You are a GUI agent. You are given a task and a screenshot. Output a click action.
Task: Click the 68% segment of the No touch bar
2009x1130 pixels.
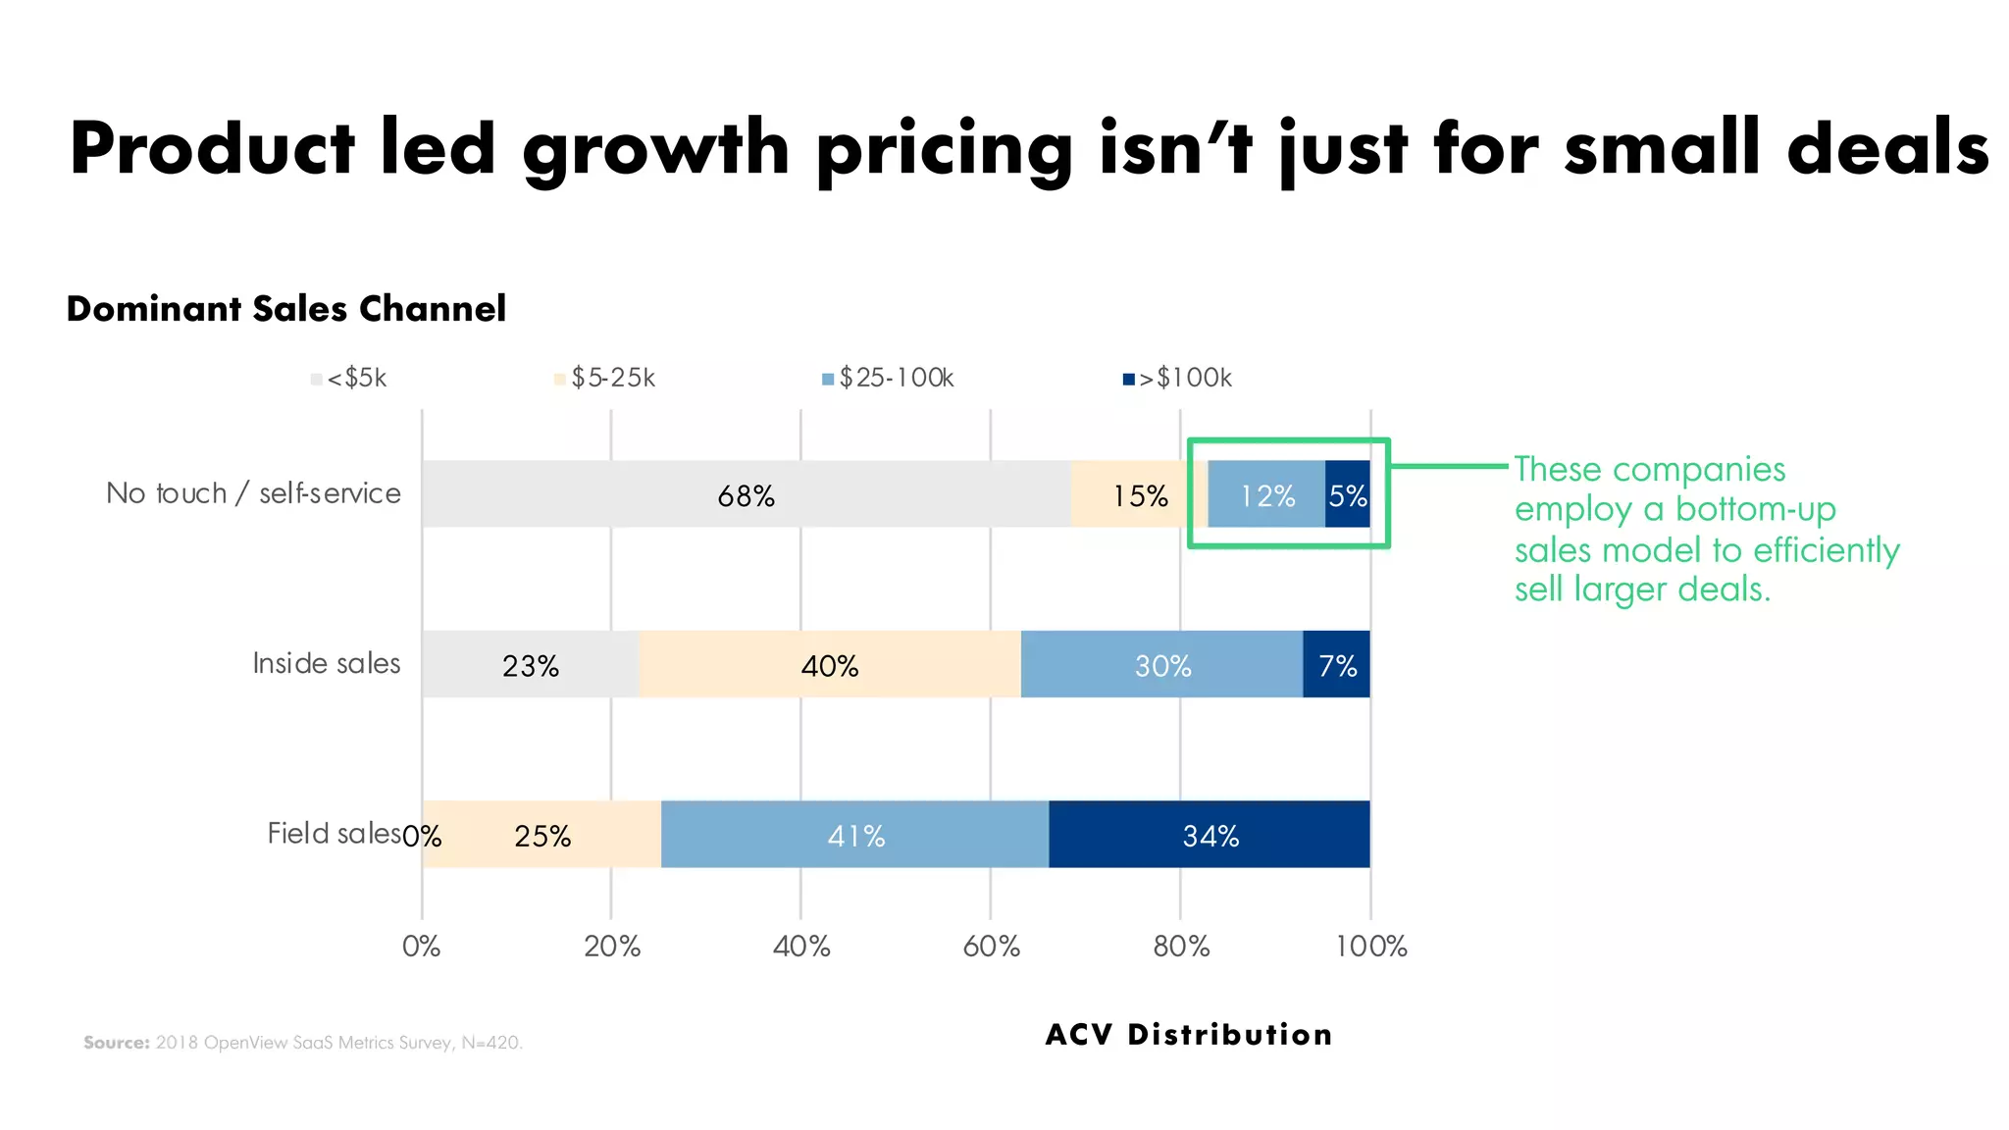(746, 494)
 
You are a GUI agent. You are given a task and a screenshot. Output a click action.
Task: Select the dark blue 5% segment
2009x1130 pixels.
(1347, 494)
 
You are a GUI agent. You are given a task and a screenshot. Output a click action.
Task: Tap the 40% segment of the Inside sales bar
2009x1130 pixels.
(829, 665)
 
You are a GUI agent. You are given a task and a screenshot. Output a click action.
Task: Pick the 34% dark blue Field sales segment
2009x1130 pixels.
(1210, 835)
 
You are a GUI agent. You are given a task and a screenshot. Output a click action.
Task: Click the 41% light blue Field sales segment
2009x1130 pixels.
(855, 835)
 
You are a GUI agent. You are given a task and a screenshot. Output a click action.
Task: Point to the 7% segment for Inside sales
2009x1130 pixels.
(1336, 665)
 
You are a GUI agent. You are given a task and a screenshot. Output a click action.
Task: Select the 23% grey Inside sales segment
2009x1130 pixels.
(530, 665)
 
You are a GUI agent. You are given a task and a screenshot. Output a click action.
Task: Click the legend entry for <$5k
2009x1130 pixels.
(350, 378)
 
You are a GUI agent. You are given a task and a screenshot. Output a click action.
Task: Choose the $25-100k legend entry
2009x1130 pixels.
(889, 378)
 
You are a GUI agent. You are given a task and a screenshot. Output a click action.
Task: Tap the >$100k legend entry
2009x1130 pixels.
(1178, 378)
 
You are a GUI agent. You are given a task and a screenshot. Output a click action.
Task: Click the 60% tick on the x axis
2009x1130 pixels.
(991, 946)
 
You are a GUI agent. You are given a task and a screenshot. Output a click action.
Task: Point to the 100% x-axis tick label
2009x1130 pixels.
(1370, 946)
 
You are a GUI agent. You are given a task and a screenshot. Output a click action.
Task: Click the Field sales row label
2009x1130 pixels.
(334, 833)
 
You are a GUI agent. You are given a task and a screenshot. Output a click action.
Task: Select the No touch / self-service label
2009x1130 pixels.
(253, 492)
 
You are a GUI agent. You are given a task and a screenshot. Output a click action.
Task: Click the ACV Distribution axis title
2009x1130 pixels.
(1189, 1034)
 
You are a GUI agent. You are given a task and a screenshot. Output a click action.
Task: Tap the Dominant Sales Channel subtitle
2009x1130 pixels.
(285, 308)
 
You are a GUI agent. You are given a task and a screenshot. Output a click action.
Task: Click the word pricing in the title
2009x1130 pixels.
(944, 149)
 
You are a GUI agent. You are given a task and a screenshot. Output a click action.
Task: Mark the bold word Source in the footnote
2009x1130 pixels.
(116, 1042)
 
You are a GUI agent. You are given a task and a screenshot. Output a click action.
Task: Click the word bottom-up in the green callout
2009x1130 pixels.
(1755, 509)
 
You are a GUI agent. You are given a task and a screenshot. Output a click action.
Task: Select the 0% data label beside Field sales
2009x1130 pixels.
(422, 836)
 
